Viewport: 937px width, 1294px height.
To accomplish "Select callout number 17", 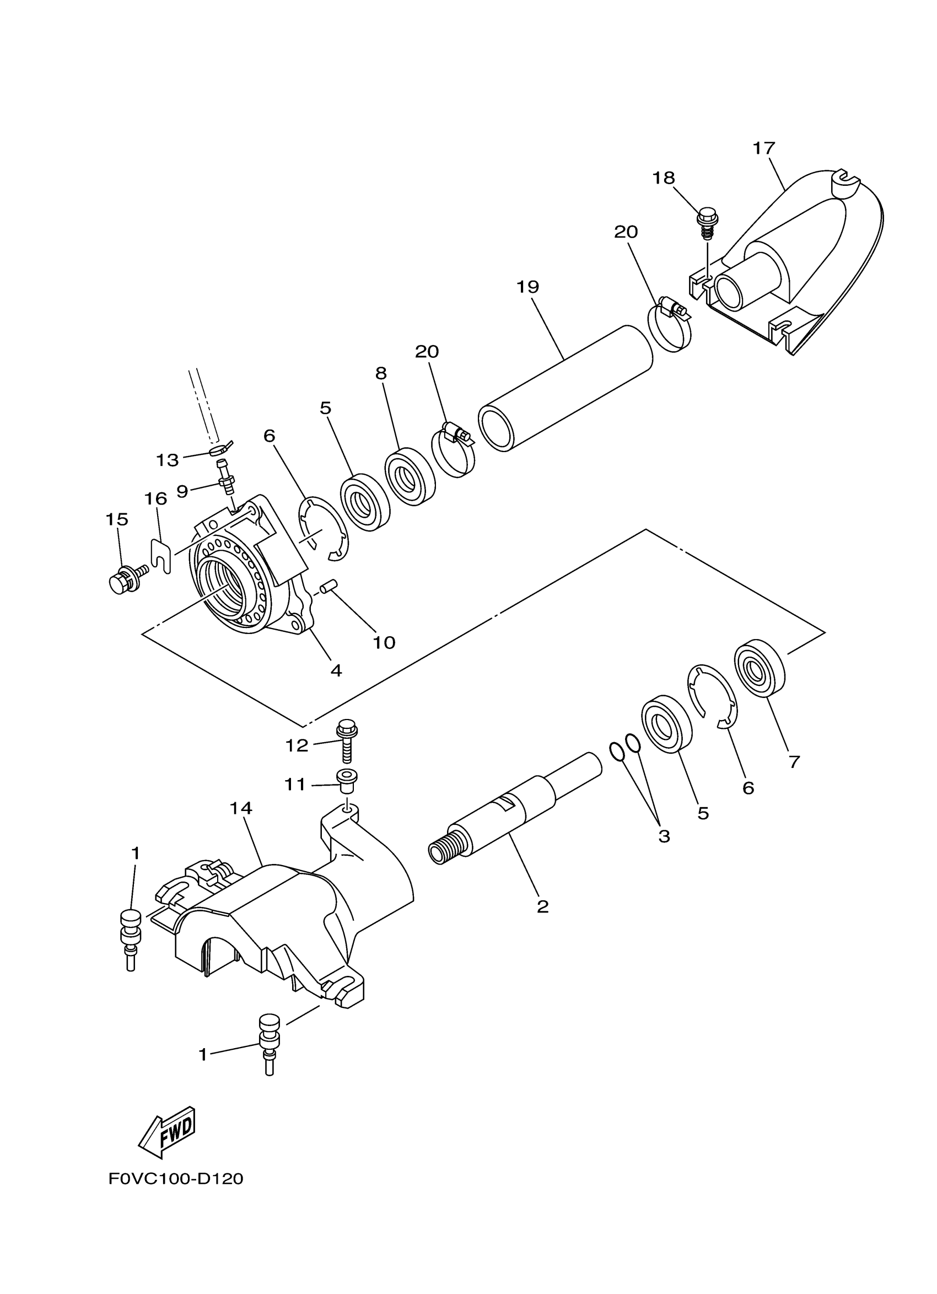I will click(x=763, y=148).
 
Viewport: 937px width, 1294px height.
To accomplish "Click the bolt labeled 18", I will click(x=707, y=224).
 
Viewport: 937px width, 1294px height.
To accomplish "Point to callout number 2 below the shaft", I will click(x=542, y=906).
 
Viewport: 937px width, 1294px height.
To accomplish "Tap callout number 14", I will click(x=241, y=808).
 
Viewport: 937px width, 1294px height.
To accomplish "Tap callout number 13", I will click(x=167, y=460).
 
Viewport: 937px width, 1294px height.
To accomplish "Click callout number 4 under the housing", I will click(x=336, y=670).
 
